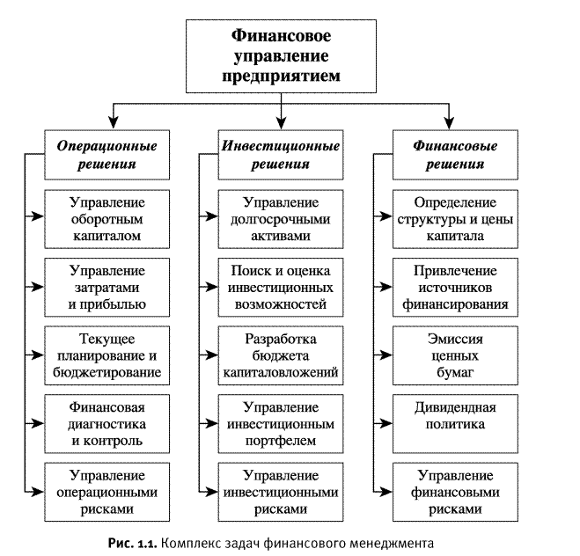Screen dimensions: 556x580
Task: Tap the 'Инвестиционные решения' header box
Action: (281, 153)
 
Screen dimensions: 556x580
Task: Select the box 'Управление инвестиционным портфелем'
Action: (281, 423)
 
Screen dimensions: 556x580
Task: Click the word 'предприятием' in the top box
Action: (281, 77)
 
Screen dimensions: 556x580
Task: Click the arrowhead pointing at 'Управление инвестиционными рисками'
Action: (212, 491)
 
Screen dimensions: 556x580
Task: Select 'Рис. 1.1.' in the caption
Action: (134, 541)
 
